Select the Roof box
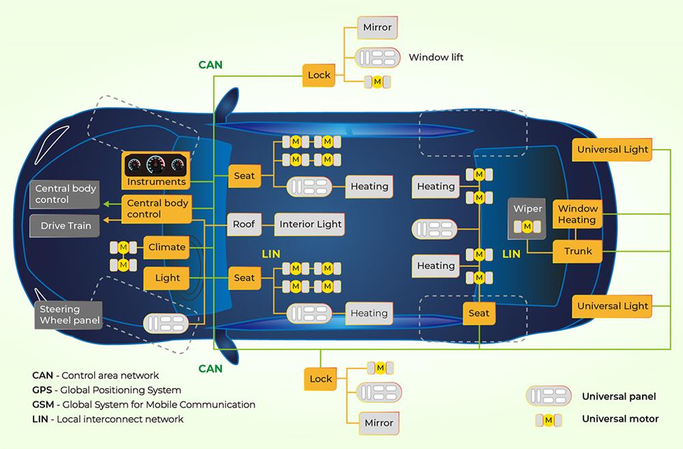(244, 224)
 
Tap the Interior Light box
(311, 224)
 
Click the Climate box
(167, 247)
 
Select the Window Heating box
(577, 215)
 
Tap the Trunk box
(578, 251)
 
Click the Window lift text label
(436, 57)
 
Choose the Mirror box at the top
(378, 27)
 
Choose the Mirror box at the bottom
(378, 423)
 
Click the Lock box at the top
(320, 75)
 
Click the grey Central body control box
(65, 194)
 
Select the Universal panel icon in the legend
(548, 396)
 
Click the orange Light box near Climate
(167, 277)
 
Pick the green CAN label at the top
(210, 66)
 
